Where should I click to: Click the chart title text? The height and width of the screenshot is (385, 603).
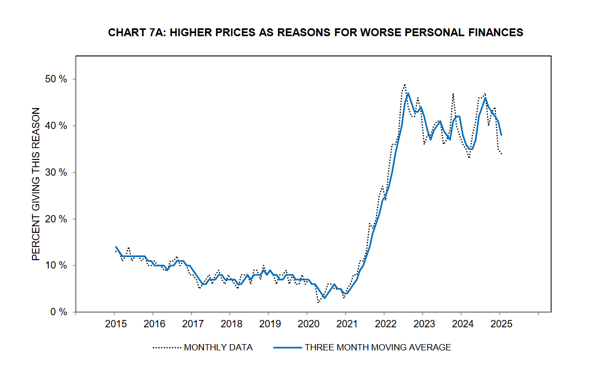point(315,33)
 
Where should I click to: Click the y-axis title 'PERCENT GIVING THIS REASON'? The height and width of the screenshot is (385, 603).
point(36,184)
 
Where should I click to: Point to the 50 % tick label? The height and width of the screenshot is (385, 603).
point(56,79)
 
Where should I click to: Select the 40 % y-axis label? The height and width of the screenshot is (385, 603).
point(56,126)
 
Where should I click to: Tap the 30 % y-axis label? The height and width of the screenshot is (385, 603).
point(56,173)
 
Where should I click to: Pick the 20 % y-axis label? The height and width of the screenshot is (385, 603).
point(56,219)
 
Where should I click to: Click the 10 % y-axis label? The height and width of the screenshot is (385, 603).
point(56,265)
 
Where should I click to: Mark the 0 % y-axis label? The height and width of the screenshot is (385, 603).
point(58,312)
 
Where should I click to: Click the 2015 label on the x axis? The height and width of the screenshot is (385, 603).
point(115,323)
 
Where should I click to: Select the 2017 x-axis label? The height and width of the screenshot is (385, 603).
point(191,323)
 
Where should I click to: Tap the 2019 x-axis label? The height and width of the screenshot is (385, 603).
point(268,323)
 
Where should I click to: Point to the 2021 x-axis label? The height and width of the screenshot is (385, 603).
point(346,323)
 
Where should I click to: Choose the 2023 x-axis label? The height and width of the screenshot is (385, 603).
point(423,323)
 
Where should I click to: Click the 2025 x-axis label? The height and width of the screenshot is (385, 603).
point(500,323)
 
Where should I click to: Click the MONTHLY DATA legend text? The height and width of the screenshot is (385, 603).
point(218,347)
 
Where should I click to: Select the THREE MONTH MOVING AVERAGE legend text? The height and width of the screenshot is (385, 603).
point(378,347)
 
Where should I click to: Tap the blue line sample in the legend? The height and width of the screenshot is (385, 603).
point(287,347)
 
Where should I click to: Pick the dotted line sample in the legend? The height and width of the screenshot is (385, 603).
point(167,347)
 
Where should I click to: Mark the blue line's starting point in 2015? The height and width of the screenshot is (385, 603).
point(115,247)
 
